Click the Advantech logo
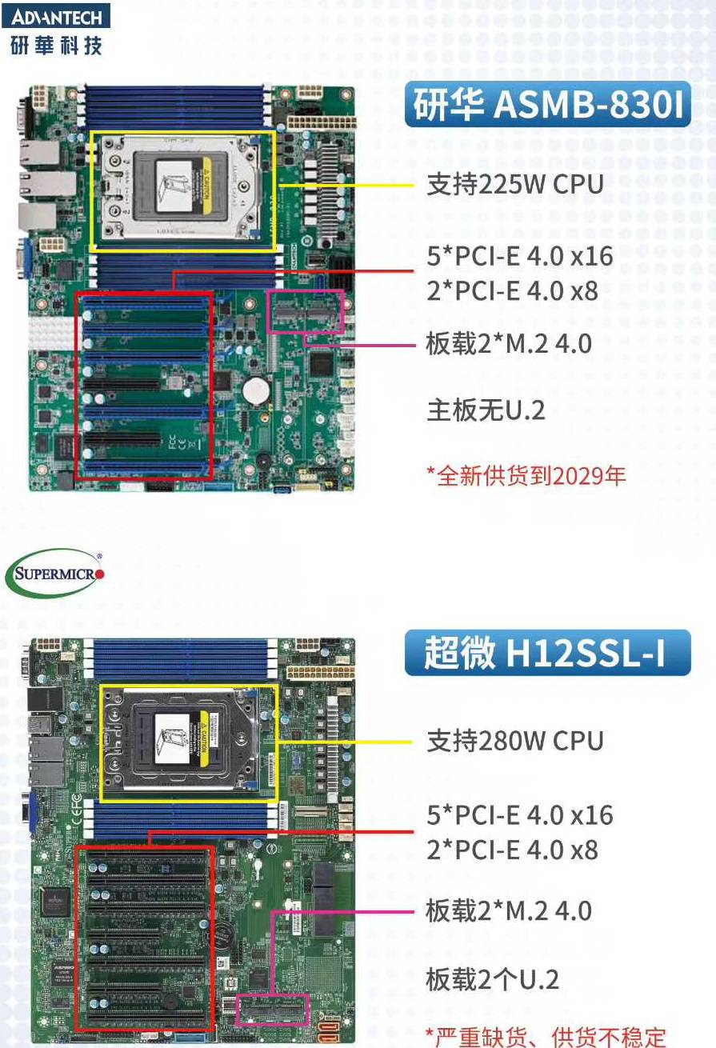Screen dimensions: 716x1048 pos(56,29)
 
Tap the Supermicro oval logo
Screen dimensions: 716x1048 pos(54,573)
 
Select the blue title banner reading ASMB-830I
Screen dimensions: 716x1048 pos(547,104)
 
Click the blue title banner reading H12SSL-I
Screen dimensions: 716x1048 pos(547,652)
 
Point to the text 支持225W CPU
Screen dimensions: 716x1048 pos(514,184)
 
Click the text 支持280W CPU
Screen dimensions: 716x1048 pos(514,741)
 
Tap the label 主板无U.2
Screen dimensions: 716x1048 pos(486,410)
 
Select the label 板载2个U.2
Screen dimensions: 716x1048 pos(492,978)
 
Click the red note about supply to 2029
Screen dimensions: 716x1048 pos(526,476)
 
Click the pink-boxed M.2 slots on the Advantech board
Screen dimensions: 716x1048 pos(306,311)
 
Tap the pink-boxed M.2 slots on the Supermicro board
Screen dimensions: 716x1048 pos(272,1010)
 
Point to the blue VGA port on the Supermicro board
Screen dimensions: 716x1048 pos(32,813)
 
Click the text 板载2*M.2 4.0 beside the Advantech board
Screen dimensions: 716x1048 pos(509,343)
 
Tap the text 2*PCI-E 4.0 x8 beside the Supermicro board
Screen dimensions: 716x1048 pos(513,850)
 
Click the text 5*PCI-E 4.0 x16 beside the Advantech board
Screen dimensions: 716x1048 pos(520,255)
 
